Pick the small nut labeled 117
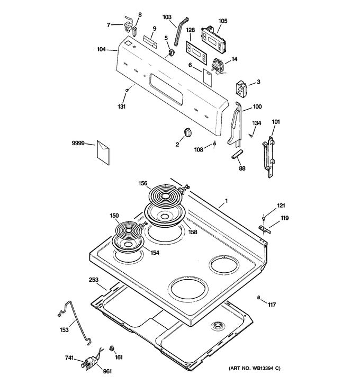point(258,298)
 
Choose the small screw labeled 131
point(128,92)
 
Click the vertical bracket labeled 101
point(269,156)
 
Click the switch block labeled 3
point(241,88)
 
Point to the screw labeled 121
point(263,216)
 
